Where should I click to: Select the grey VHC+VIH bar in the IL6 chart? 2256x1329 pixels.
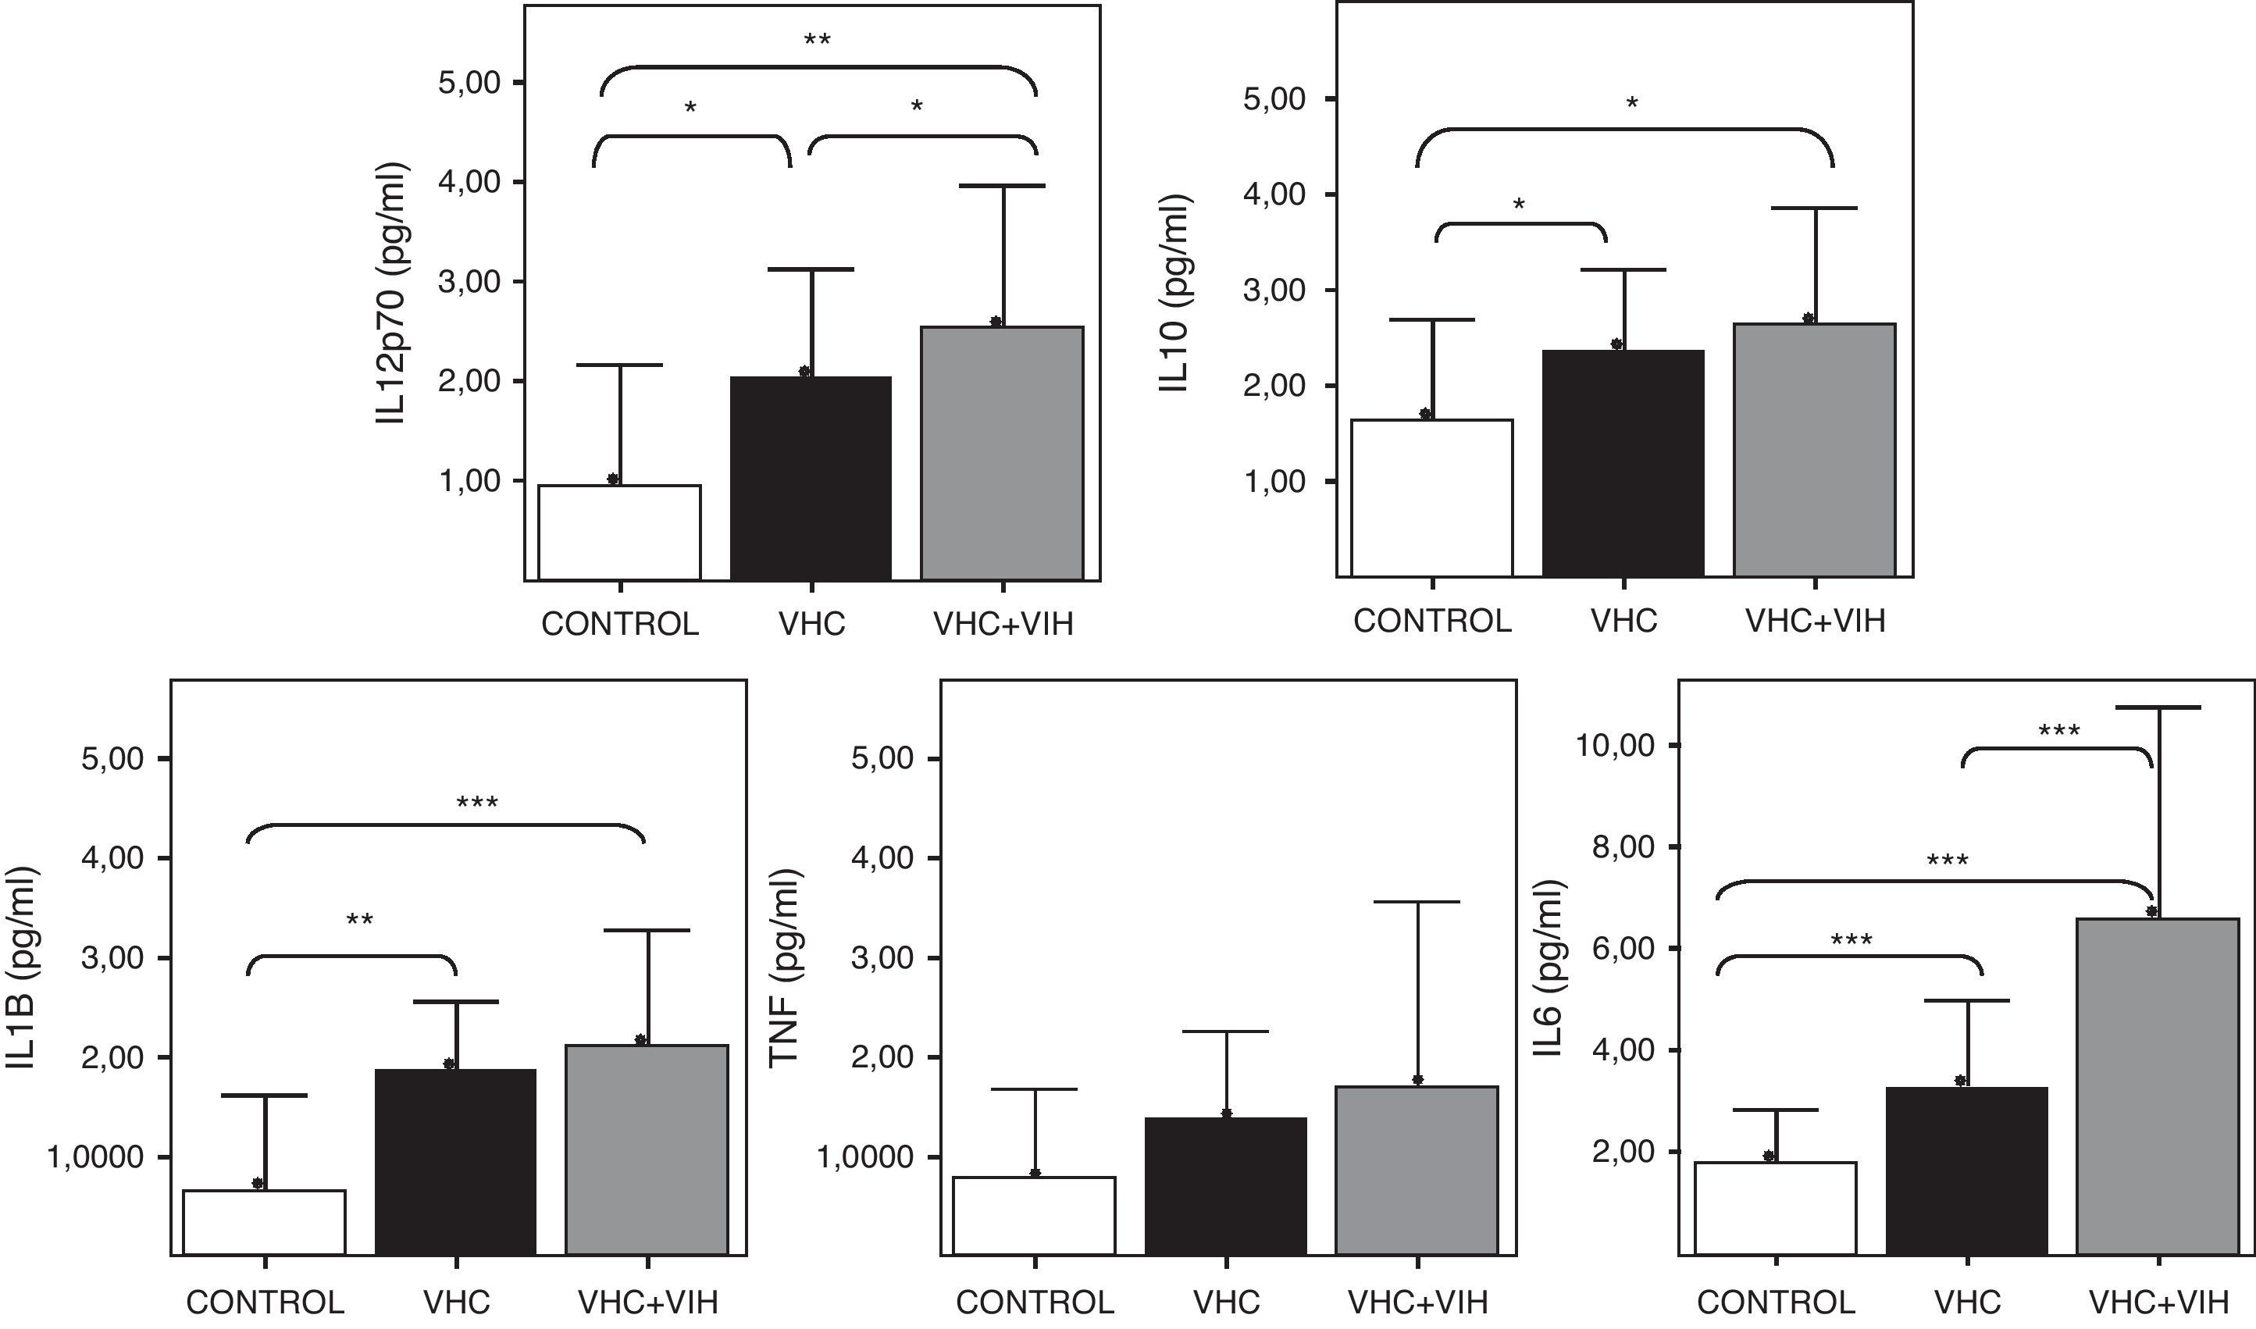tap(2158, 1085)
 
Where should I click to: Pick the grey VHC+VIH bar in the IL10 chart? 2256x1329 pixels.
tap(1815, 450)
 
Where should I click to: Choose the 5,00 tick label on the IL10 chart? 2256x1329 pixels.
tap(1275, 98)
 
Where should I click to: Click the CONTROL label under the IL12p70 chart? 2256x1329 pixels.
tap(620, 624)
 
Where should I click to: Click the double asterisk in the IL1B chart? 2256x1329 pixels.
tap(359, 920)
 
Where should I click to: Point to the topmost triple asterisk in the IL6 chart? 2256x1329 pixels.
tap(2059, 732)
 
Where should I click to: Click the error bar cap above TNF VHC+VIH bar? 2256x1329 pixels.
tap(1418, 902)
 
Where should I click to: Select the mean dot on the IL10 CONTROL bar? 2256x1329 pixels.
tap(1426, 414)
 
